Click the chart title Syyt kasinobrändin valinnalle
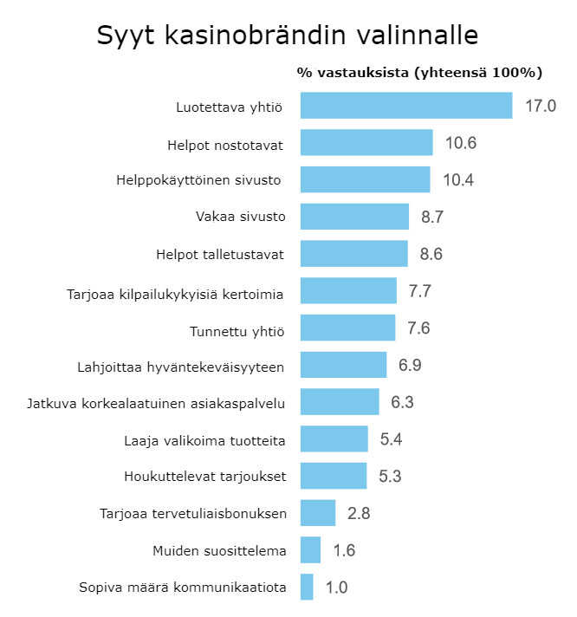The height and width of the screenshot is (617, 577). click(x=288, y=36)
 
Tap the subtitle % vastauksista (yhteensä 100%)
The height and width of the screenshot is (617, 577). click(x=419, y=72)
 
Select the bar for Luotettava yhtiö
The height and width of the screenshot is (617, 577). click(x=406, y=106)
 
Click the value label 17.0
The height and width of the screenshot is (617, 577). click(x=540, y=106)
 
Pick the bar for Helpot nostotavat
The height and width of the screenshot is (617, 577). click(x=366, y=143)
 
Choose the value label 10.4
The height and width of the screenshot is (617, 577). click(x=458, y=180)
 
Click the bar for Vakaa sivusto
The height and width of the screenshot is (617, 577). click(x=354, y=217)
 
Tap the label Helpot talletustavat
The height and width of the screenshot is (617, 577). click(x=221, y=254)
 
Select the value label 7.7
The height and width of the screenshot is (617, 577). click(x=420, y=291)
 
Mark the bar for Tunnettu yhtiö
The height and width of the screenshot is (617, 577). click(x=347, y=328)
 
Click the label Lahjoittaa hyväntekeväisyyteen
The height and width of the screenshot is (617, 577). click(x=180, y=366)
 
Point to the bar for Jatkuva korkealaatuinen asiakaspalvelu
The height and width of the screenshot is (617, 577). click(x=340, y=402)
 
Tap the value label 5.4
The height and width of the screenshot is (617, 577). click(x=391, y=439)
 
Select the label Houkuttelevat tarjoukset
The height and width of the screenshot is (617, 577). click(x=204, y=477)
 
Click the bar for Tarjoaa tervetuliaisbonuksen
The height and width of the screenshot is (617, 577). click(x=318, y=513)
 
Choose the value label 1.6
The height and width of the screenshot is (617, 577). click(x=344, y=550)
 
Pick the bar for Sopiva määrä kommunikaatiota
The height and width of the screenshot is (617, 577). click(x=307, y=588)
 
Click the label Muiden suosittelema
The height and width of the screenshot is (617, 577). click(x=218, y=550)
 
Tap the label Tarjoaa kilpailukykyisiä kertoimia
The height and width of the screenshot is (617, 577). click(x=175, y=291)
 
